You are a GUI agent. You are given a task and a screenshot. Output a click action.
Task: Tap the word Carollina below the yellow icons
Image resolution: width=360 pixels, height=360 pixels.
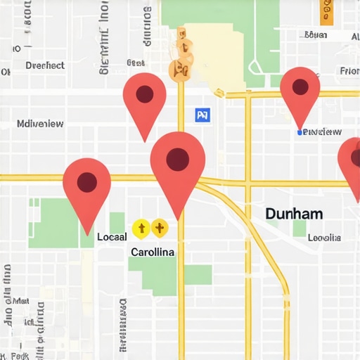tap(153, 252)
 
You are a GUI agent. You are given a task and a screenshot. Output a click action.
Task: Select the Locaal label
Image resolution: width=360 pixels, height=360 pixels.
tap(112, 237)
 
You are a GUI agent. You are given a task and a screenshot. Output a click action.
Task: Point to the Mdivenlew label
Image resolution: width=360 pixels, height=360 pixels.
tap(40, 124)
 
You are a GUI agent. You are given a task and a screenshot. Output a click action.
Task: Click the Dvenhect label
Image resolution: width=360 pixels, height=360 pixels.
tap(45, 65)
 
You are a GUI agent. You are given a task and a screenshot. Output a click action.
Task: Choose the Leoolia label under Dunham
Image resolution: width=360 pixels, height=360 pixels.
tap(324, 238)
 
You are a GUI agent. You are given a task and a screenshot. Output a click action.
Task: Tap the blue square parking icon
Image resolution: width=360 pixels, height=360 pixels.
tap(202, 115)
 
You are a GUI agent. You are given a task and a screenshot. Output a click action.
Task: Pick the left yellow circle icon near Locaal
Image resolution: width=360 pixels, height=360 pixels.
tap(141, 227)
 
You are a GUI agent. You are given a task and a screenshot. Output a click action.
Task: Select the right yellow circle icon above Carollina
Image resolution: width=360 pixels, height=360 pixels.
tap(160, 227)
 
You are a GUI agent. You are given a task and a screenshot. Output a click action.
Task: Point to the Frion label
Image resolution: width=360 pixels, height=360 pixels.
tap(349, 71)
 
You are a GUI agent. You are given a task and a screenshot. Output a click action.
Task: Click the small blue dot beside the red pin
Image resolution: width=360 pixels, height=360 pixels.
tap(300, 132)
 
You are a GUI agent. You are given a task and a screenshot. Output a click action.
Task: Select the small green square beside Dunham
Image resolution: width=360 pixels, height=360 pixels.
tap(300, 228)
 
